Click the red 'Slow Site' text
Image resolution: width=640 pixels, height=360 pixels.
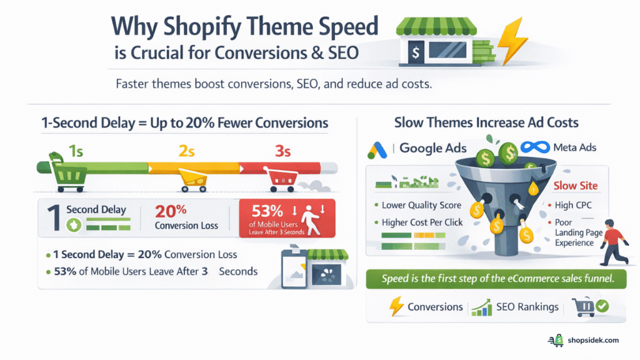[576, 186]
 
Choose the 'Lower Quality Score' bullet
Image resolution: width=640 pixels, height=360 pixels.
[421, 205]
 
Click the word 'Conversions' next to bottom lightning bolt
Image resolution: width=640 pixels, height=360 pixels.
[435, 307]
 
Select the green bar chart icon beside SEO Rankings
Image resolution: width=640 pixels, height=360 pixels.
[481, 307]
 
